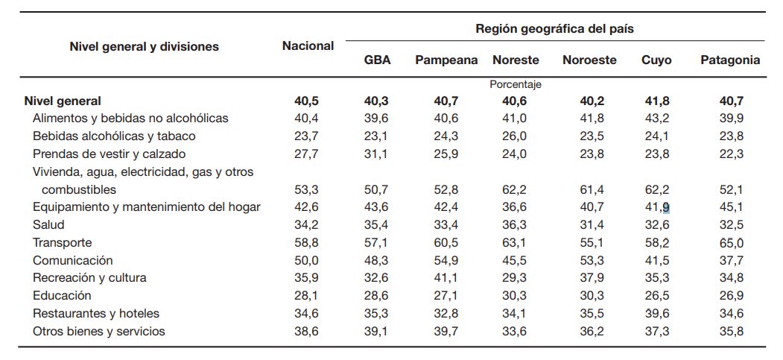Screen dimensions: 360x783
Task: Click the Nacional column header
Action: point(308,46)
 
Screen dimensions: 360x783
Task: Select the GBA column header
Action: point(376,60)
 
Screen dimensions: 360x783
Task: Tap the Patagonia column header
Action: point(730,60)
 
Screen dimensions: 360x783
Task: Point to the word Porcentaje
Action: point(515,85)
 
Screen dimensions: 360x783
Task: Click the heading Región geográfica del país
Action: point(554,29)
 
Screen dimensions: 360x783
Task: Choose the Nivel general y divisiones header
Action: point(144,46)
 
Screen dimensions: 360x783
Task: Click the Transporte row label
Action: point(63,242)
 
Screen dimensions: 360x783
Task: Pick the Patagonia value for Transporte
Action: point(730,242)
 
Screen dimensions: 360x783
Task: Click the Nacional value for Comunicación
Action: point(306,260)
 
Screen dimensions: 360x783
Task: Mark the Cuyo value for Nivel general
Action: point(656,101)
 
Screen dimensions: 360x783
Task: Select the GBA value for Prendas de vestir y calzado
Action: point(375,154)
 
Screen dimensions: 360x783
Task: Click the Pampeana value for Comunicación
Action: point(446,260)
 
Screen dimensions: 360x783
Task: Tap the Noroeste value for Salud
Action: point(589,224)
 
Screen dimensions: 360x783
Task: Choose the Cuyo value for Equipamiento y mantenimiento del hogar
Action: point(656,207)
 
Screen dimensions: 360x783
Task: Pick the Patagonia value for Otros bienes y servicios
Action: point(730,331)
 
